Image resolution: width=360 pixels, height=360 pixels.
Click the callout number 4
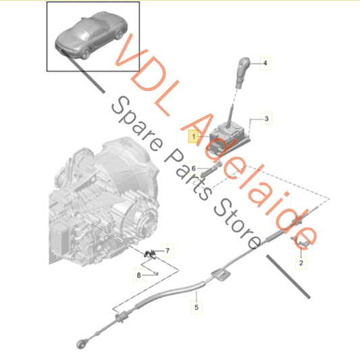coord(265,63)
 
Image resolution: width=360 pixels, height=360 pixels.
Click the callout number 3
coord(266,120)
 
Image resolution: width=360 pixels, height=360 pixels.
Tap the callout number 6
coord(193,168)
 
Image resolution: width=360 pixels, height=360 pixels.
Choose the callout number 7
coord(168,251)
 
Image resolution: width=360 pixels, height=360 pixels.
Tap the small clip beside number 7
coord(151,253)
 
